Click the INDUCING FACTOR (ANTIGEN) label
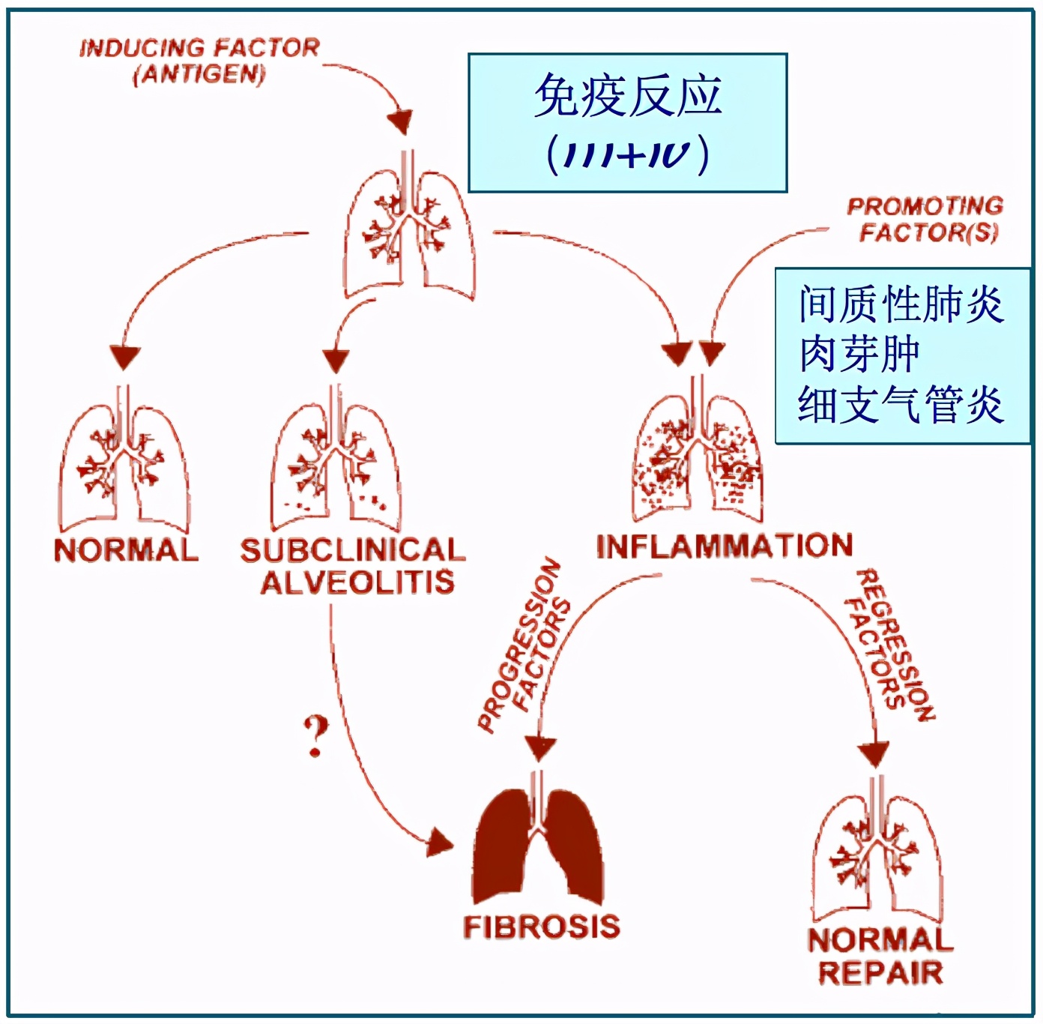(x=199, y=61)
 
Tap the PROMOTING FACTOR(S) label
(x=926, y=220)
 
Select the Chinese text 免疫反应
(x=628, y=96)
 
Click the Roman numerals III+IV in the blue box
(x=628, y=154)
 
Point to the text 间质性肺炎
(x=901, y=304)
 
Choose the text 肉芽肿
(x=859, y=354)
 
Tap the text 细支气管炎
(x=901, y=405)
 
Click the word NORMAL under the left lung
(x=126, y=551)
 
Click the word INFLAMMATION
(x=725, y=546)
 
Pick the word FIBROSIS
(x=542, y=927)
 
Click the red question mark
(x=315, y=736)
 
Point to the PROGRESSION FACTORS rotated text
(x=523, y=645)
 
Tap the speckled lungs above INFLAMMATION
(x=698, y=457)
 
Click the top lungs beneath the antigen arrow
(x=408, y=232)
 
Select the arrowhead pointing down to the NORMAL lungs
(x=124, y=357)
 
